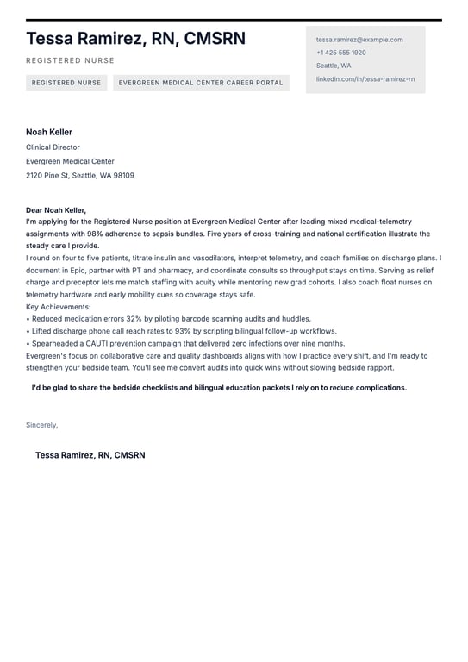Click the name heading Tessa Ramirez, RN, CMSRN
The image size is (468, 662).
135,39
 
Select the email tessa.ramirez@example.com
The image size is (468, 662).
359,40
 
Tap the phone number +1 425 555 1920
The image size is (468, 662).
340,53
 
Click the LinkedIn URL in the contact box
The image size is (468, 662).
365,78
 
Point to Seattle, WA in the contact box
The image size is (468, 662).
333,66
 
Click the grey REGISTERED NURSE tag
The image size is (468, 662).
66,83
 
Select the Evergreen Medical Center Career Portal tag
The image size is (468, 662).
201,83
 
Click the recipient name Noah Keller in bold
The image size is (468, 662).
49,132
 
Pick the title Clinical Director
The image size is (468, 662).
53,147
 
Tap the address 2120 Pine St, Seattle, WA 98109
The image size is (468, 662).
79,175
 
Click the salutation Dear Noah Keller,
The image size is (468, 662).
56,209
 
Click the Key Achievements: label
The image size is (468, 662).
58,306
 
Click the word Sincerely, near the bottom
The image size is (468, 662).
41,425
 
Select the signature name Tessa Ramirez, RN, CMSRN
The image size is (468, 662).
90,455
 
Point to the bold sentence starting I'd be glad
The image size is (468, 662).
219,388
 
